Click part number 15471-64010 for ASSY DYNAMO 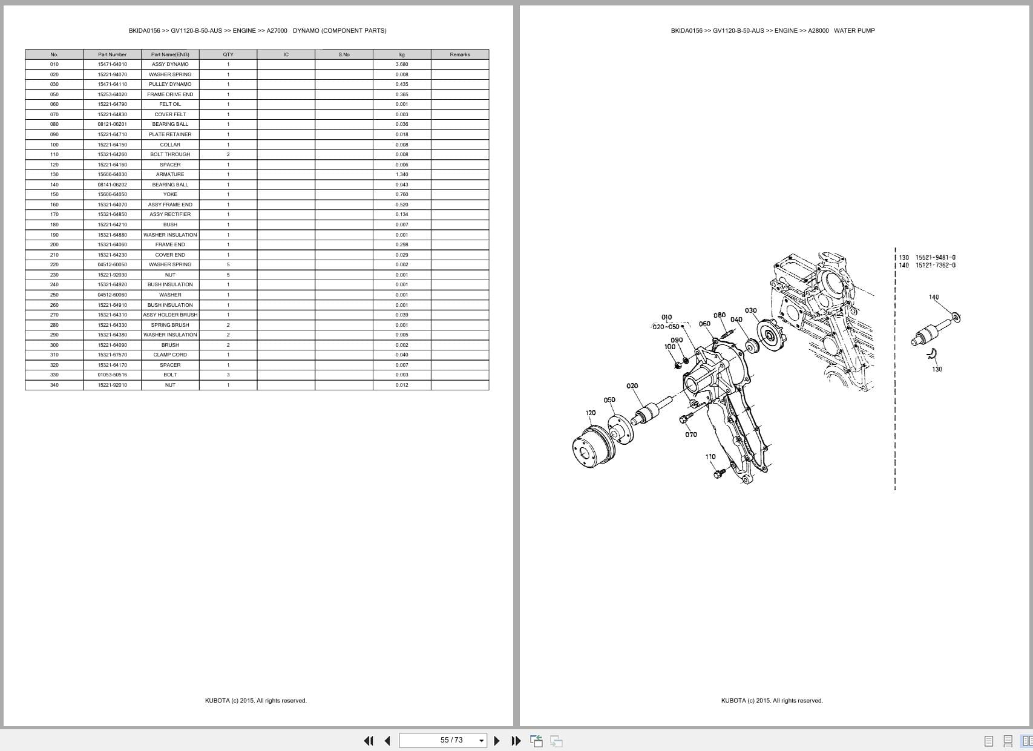point(112,64)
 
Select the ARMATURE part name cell point(170,174)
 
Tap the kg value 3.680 point(402,64)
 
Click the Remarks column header point(459,54)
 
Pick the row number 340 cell point(54,385)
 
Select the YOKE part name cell point(170,194)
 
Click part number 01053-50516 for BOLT point(112,375)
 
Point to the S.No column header point(344,54)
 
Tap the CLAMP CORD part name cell point(170,355)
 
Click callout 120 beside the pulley point(590,413)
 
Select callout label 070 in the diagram point(690,435)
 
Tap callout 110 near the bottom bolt point(710,457)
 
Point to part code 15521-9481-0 point(935,257)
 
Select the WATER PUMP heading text point(854,30)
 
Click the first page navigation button point(368,741)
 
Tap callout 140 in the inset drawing point(933,297)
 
